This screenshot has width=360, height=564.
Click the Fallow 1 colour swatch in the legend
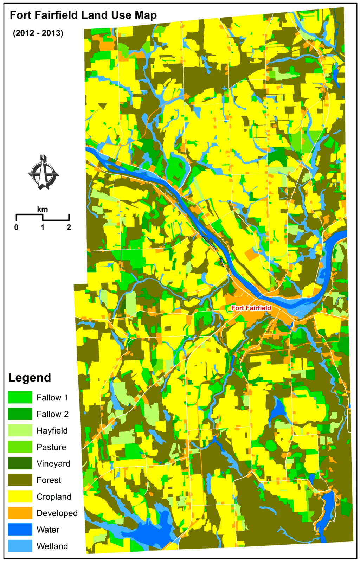[20, 397]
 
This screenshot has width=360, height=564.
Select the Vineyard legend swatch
[20, 463]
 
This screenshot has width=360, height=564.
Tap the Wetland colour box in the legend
[20, 546]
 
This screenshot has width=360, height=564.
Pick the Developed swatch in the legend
[20, 513]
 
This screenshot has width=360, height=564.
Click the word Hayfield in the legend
[52, 431]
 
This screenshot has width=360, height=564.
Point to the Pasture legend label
[51, 447]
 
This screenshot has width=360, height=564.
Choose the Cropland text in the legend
[54, 497]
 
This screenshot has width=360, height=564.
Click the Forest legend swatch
[20, 480]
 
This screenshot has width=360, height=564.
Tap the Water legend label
[48, 530]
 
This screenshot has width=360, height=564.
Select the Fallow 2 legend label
[53, 414]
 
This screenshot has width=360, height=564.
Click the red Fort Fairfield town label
[251, 308]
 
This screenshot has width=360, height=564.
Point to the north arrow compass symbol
[43, 173]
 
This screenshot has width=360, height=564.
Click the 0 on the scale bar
[17, 227]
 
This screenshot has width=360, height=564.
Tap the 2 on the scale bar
[69, 227]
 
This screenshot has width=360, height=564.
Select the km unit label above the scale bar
[43, 210]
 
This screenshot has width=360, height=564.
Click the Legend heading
[30, 378]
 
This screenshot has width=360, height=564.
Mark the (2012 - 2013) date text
[38, 33]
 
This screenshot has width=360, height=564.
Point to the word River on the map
[221, 263]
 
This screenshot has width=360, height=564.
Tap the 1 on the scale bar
[43, 227]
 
